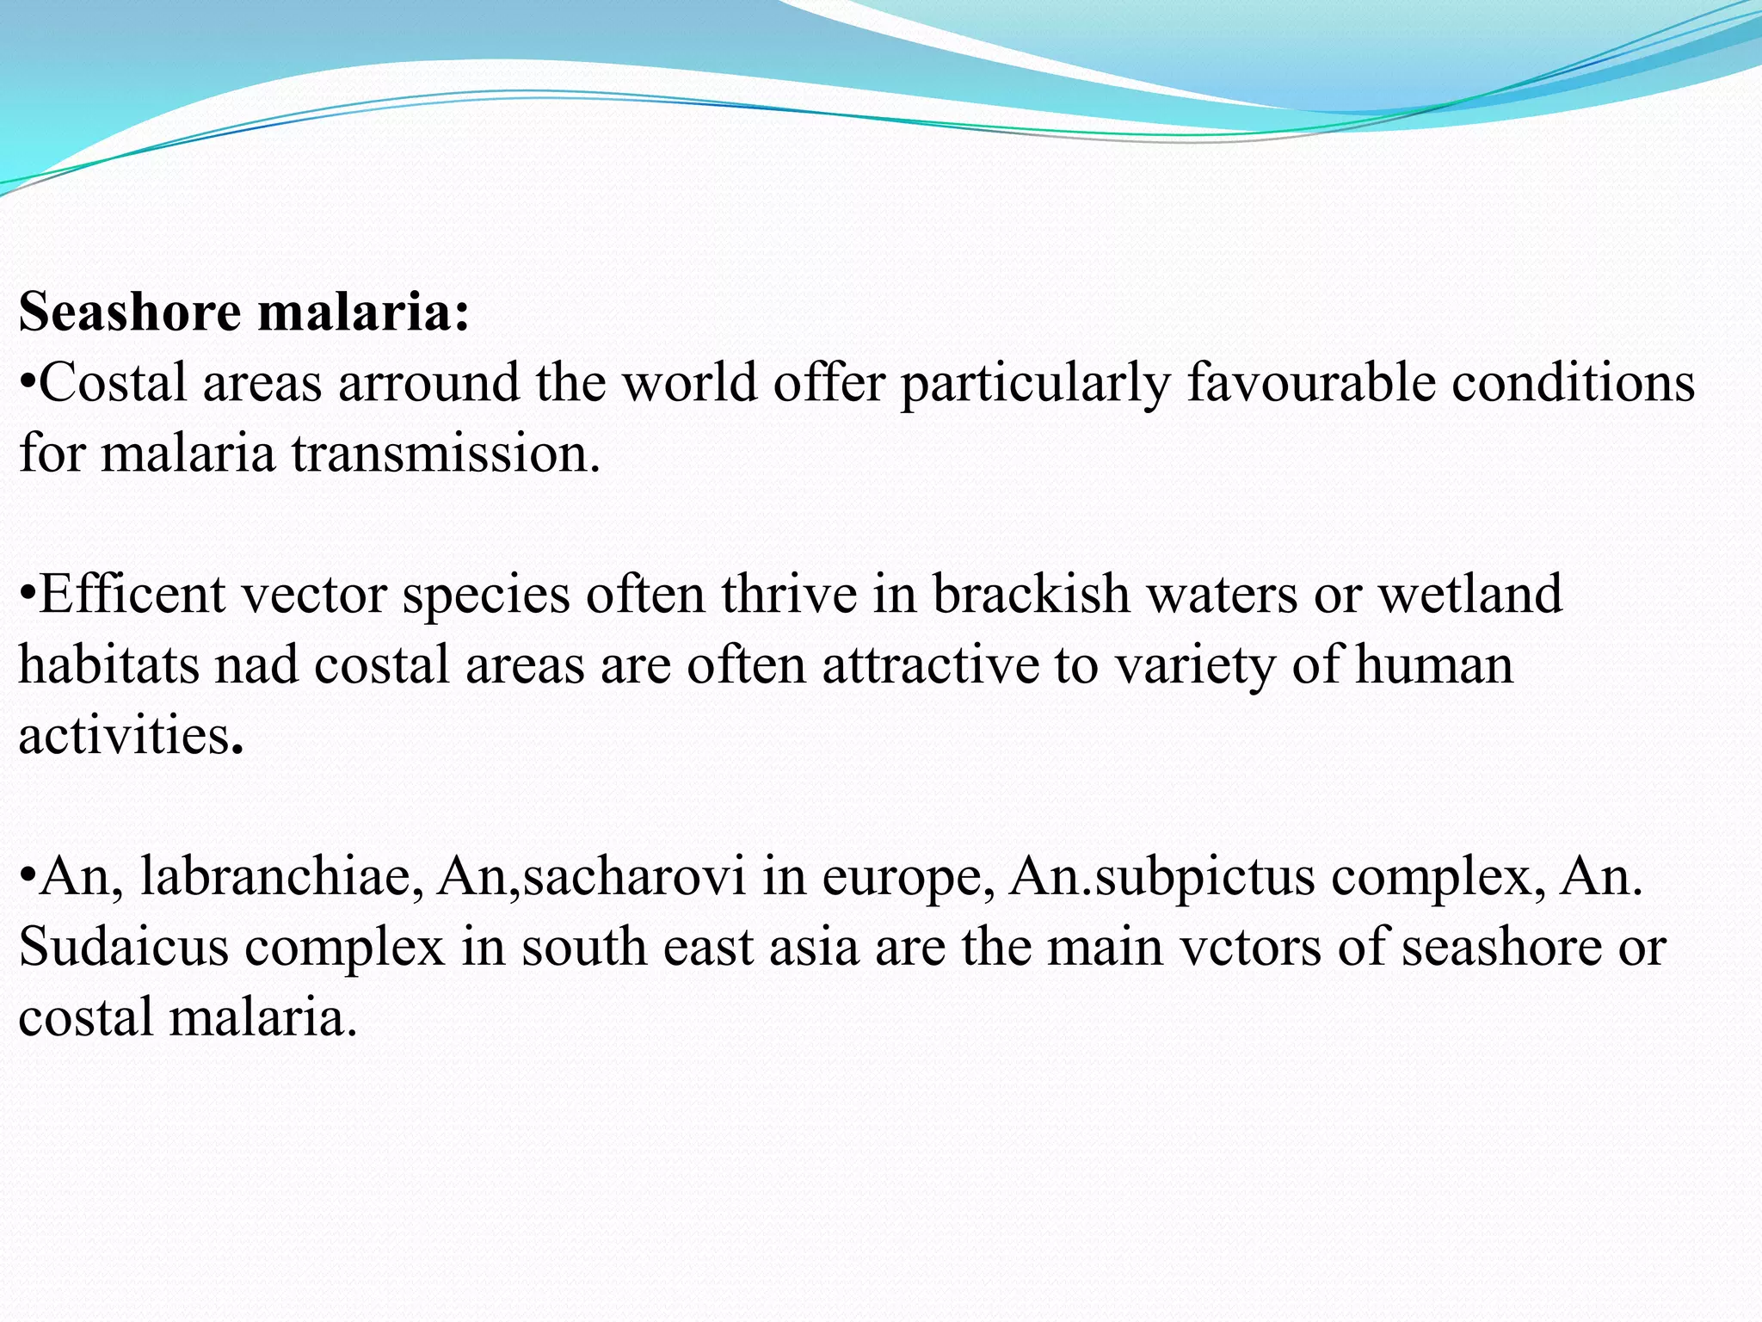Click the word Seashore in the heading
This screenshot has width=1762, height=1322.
click(129, 312)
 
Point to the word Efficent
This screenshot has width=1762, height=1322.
click(132, 595)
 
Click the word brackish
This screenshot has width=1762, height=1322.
click(1031, 595)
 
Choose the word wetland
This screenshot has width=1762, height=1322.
click(1470, 595)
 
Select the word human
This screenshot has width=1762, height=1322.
click(1434, 665)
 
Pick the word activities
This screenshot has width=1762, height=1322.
click(126, 736)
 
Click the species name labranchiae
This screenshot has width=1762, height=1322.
click(281, 877)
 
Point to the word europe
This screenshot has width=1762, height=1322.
click(909, 877)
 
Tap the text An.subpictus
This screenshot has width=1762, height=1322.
click(1162, 877)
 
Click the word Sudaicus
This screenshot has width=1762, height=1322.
click(123, 948)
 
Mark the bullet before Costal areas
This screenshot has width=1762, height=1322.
click(28, 383)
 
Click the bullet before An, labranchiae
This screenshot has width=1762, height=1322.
click(28, 877)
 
